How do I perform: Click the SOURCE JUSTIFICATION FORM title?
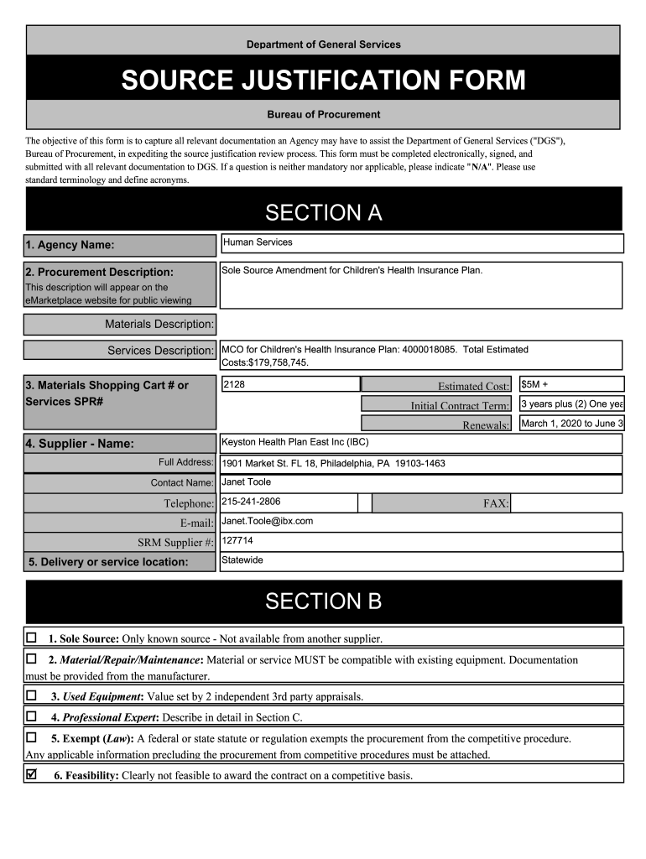(323, 80)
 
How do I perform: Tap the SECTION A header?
(323, 213)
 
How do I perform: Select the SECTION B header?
(323, 601)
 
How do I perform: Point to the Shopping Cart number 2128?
(289, 384)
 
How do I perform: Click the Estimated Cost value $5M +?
(571, 384)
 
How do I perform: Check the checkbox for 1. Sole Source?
(32, 638)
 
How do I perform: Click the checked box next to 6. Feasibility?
(32, 775)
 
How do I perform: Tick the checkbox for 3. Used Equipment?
(32, 695)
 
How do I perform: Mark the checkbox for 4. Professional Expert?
(32, 716)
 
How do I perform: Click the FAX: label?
(496, 503)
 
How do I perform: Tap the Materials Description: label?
(159, 324)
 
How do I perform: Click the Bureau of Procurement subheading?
(323, 114)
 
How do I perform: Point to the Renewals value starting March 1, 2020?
(571, 424)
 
